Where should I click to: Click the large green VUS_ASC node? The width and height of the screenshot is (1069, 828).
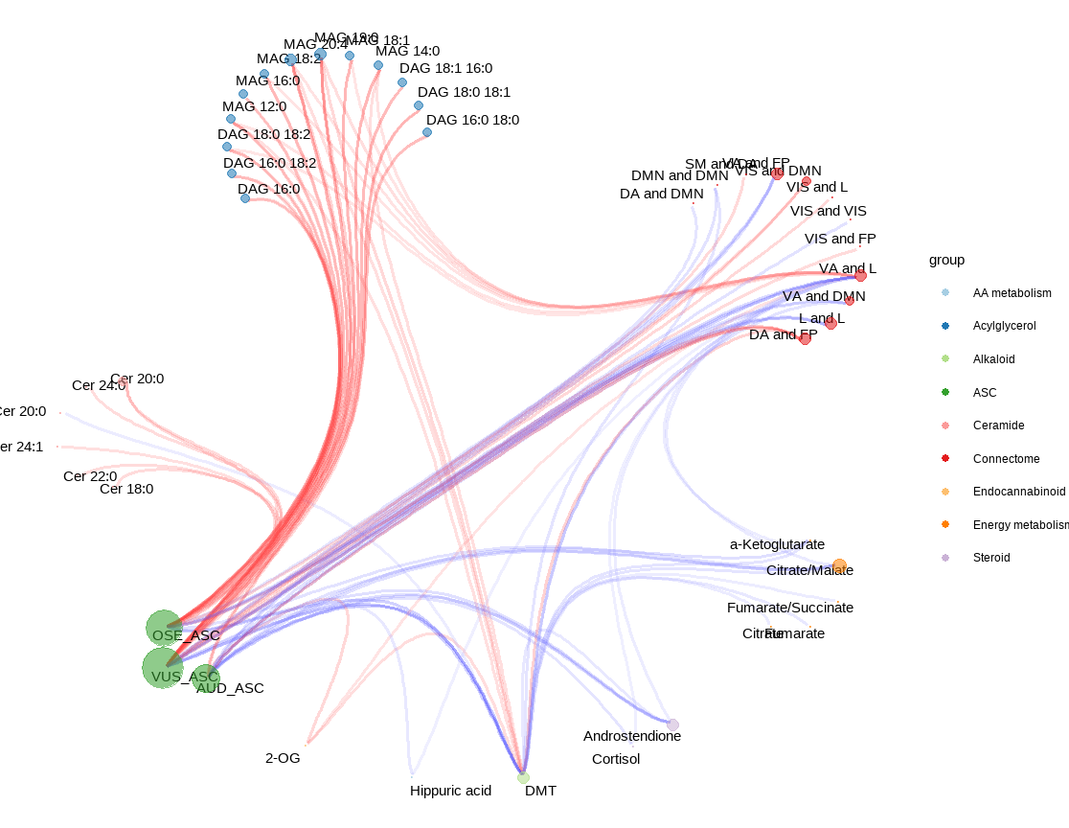(163, 668)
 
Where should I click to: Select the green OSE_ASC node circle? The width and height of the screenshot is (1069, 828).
(164, 628)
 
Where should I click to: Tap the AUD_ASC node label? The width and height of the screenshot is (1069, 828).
(230, 688)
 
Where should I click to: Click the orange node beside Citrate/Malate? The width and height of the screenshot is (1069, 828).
(839, 565)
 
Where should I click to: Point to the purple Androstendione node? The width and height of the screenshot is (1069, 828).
(672, 724)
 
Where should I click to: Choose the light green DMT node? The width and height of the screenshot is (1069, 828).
(523, 777)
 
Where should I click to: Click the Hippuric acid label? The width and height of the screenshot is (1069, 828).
(450, 791)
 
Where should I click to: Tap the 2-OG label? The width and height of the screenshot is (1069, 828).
(283, 757)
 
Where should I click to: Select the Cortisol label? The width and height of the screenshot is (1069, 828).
(616, 759)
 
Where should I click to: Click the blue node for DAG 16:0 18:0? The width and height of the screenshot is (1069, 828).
(427, 132)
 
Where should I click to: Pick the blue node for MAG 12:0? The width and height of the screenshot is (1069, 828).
(231, 119)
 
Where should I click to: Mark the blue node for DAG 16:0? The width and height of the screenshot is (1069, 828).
(245, 198)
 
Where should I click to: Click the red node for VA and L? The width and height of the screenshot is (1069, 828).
(860, 276)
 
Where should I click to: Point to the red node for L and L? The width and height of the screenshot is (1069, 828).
(830, 324)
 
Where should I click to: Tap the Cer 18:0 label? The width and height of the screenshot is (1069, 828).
(126, 489)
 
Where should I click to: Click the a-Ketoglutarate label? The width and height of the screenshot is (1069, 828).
(777, 544)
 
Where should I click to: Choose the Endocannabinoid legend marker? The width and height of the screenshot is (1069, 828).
(945, 491)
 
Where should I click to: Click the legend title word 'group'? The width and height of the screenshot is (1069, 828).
(946, 260)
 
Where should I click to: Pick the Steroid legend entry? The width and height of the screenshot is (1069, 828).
(990, 558)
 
